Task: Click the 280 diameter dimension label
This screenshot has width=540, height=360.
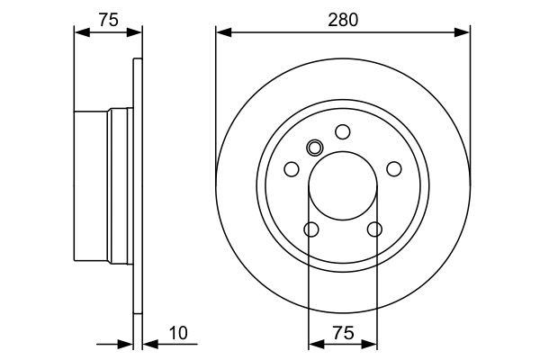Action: (x=343, y=20)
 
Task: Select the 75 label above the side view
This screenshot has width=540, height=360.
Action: (x=107, y=20)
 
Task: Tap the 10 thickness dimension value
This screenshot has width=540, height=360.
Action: (x=180, y=334)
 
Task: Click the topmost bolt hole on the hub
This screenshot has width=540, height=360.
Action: (x=343, y=131)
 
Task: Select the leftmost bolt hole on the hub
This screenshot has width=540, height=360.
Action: (x=291, y=169)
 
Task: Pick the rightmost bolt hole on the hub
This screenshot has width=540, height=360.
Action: (x=394, y=169)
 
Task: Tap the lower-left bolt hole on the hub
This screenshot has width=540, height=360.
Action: (x=310, y=229)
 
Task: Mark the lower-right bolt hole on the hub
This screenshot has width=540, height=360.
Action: (x=374, y=229)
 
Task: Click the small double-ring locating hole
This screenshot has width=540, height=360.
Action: (x=314, y=148)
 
